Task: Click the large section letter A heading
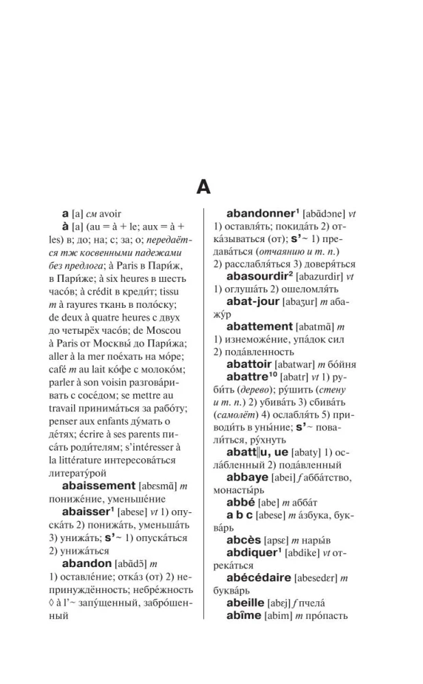(203, 186)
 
